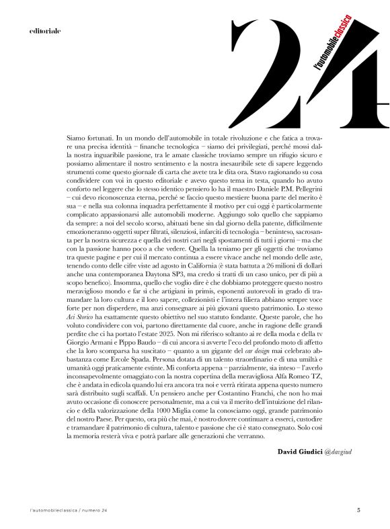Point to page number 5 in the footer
(358, 510)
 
